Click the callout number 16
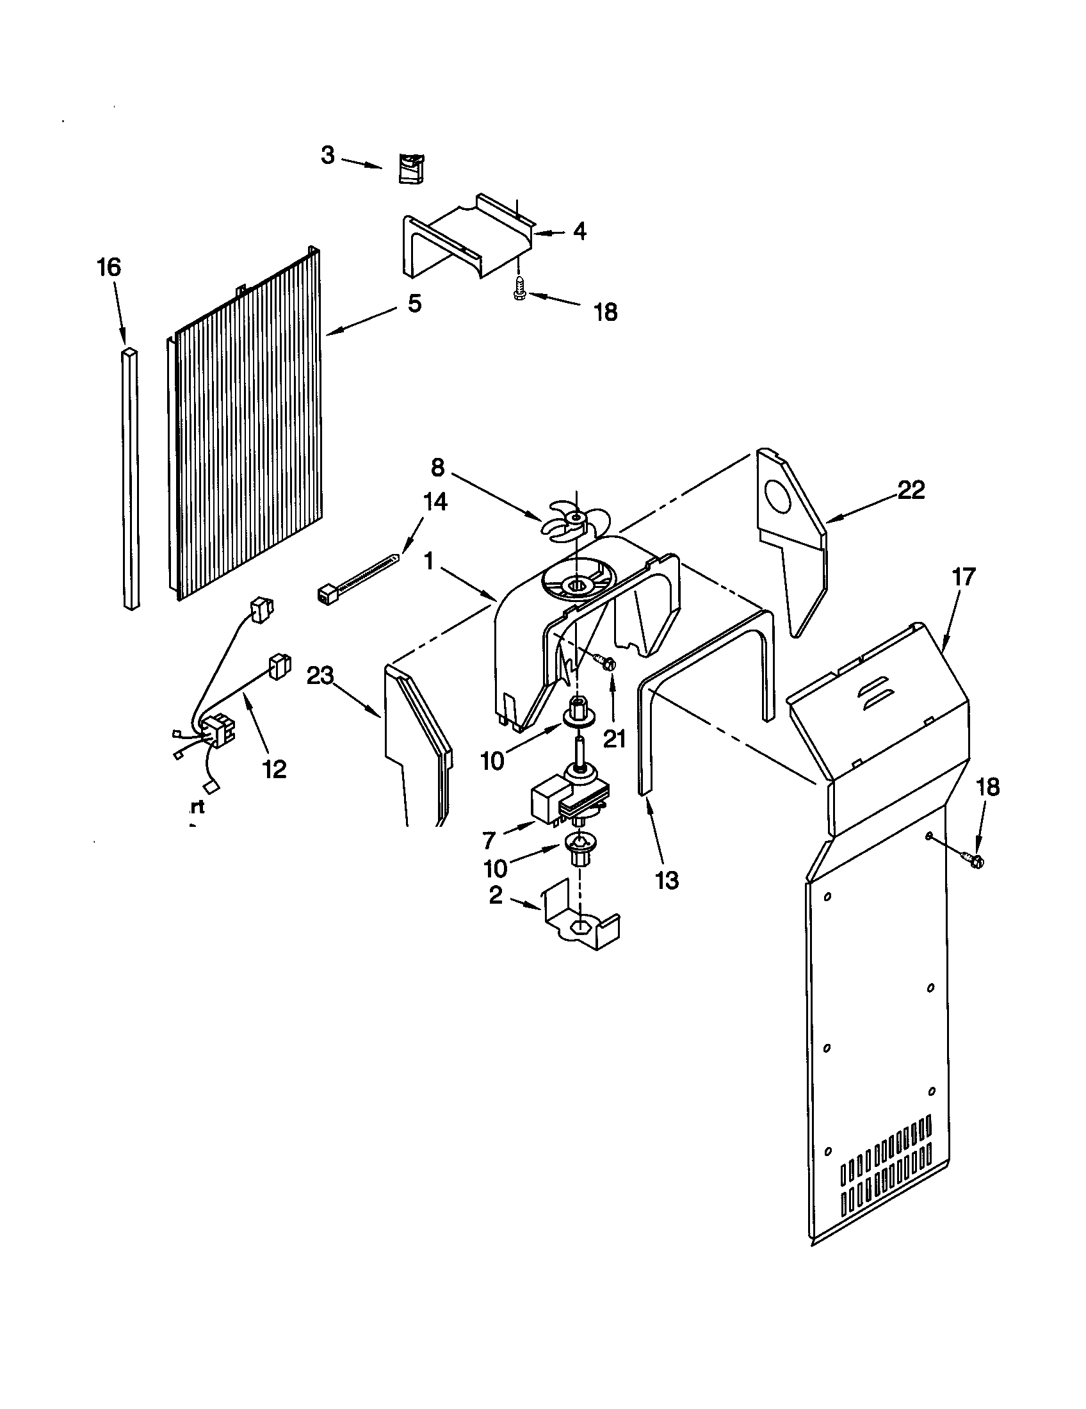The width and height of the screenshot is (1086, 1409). [109, 267]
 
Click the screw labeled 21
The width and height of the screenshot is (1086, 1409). [606, 662]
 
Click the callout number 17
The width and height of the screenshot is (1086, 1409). [964, 577]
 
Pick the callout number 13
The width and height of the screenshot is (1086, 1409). [667, 880]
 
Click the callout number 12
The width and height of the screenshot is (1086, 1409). [275, 769]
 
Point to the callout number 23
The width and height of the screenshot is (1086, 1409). [320, 676]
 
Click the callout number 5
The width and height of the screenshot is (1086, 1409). [414, 303]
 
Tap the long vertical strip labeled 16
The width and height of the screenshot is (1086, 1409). [131, 477]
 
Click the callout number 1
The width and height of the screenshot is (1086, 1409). [428, 562]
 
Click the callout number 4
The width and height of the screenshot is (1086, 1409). [579, 232]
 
